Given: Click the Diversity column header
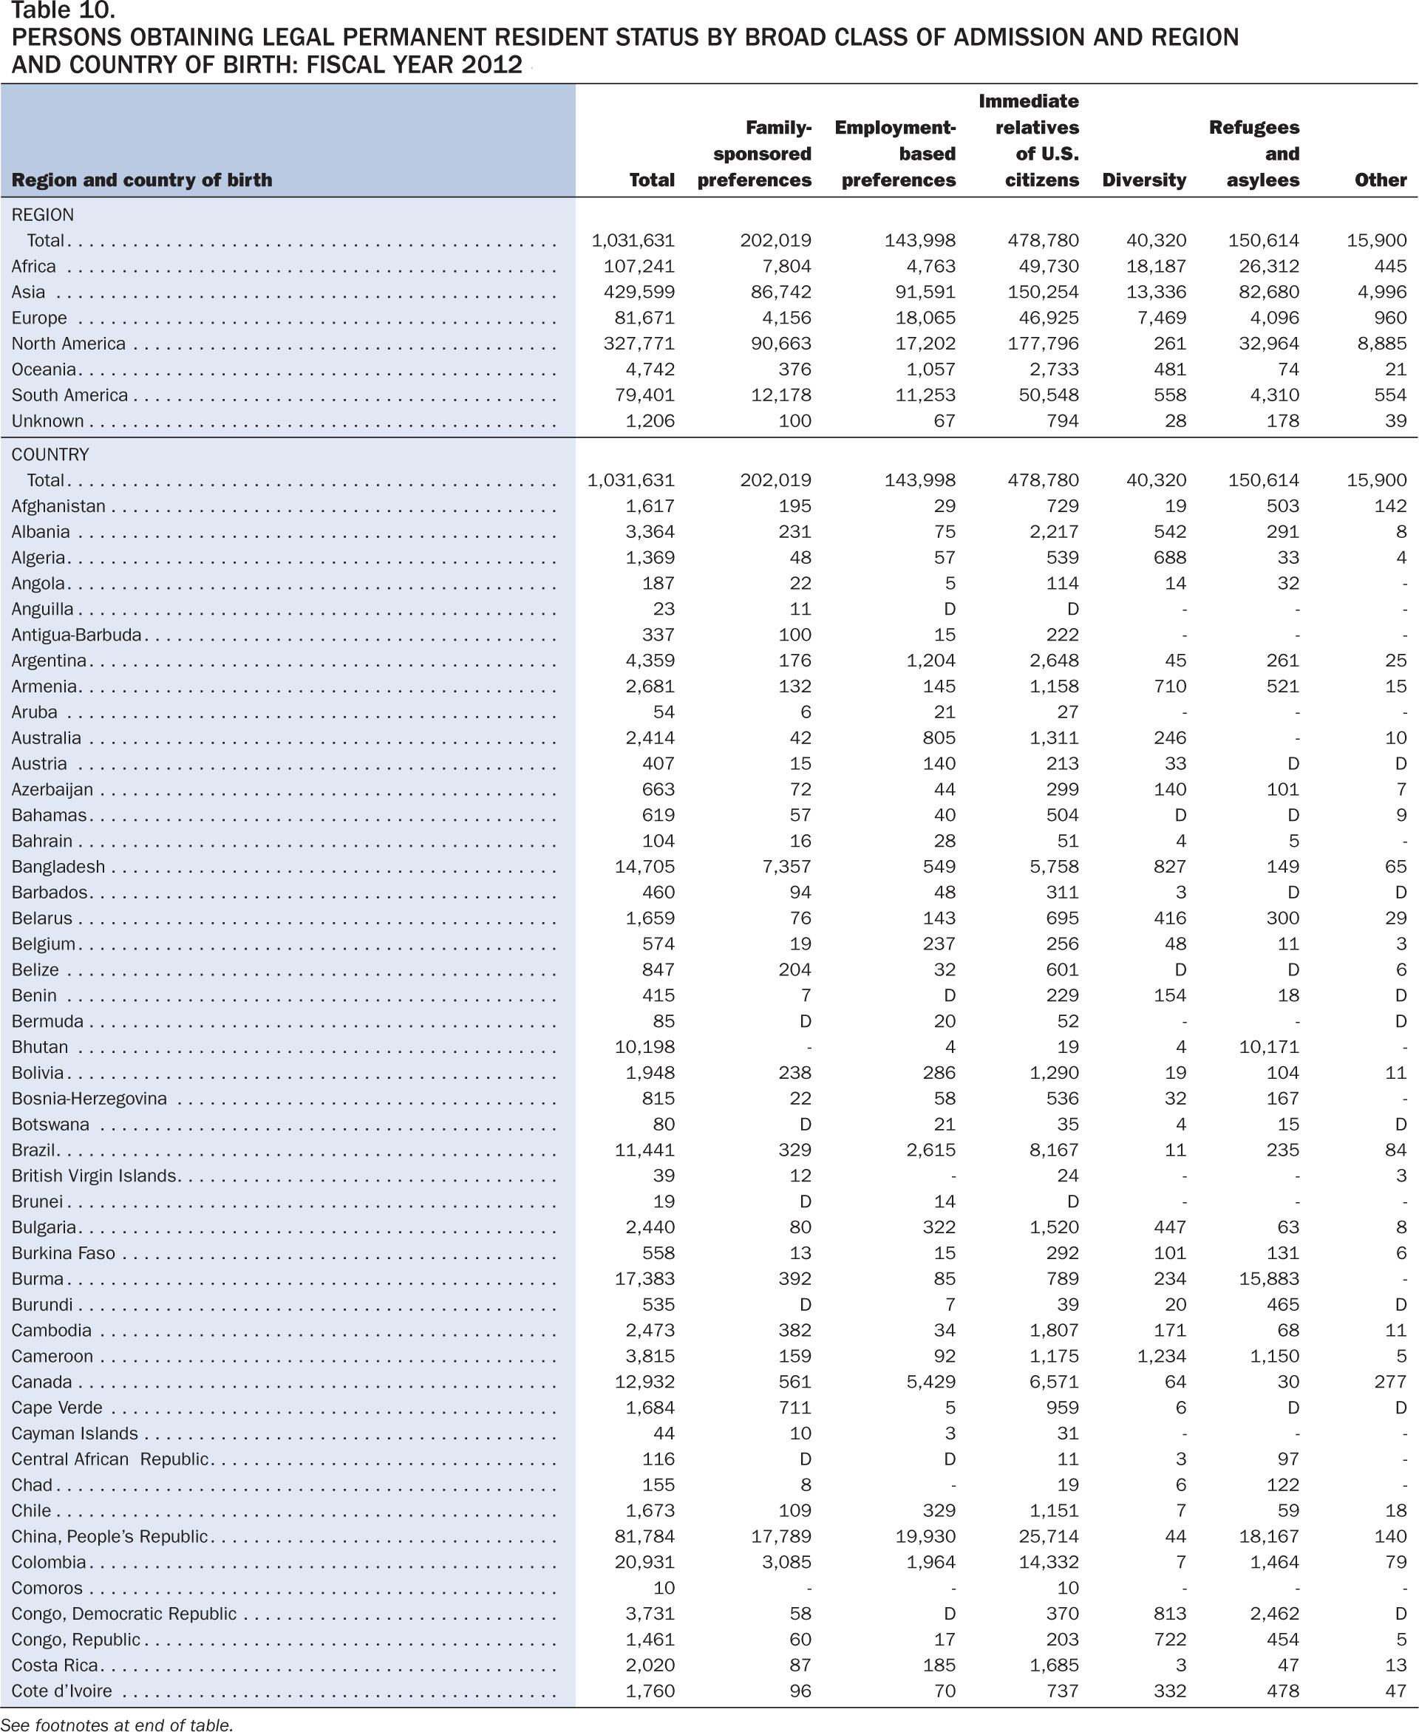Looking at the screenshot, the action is point(1143,180).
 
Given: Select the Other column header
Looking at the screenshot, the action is point(1381,180).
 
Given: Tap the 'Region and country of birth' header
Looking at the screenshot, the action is point(141,180).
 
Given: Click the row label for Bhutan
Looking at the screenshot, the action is point(39,1047).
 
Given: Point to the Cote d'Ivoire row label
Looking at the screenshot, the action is point(61,1691).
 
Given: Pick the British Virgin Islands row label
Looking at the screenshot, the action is point(94,1176).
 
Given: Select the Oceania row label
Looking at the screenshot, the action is point(44,369).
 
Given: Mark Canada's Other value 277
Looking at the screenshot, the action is point(1390,1382).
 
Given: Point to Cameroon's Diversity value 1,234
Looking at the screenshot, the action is point(1162,1356).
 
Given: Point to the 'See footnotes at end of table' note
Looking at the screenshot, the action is point(117,1724).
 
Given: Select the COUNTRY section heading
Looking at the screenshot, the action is point(50,454).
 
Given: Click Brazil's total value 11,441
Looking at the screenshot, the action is point(645,1150).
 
